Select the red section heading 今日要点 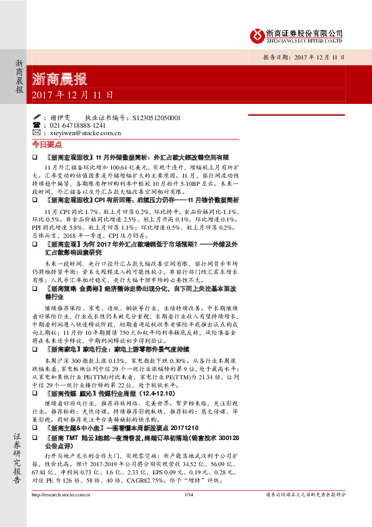(x=44, y=143)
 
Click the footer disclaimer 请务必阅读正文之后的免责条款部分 (x=306, y=494)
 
